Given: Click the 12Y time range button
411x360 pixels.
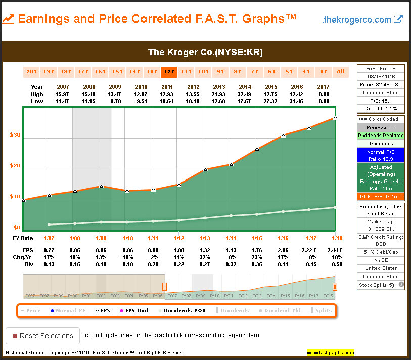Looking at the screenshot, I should coord(168,71).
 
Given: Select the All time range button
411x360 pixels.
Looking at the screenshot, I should coord(341,71).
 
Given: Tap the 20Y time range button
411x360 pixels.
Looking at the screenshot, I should coord(31,71).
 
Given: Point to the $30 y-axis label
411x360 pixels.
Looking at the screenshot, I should coord(15,135).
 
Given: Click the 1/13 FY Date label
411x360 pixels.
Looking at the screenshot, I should coord(205,238).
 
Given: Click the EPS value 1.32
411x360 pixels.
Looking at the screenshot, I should coord(205,250).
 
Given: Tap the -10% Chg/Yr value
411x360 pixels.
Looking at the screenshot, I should coord(127,257).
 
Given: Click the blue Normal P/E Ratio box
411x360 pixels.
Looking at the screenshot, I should coord(381,155).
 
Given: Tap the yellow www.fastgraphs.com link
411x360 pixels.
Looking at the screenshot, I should coord(330,352).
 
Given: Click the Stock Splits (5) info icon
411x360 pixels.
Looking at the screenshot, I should coord(401,285).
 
